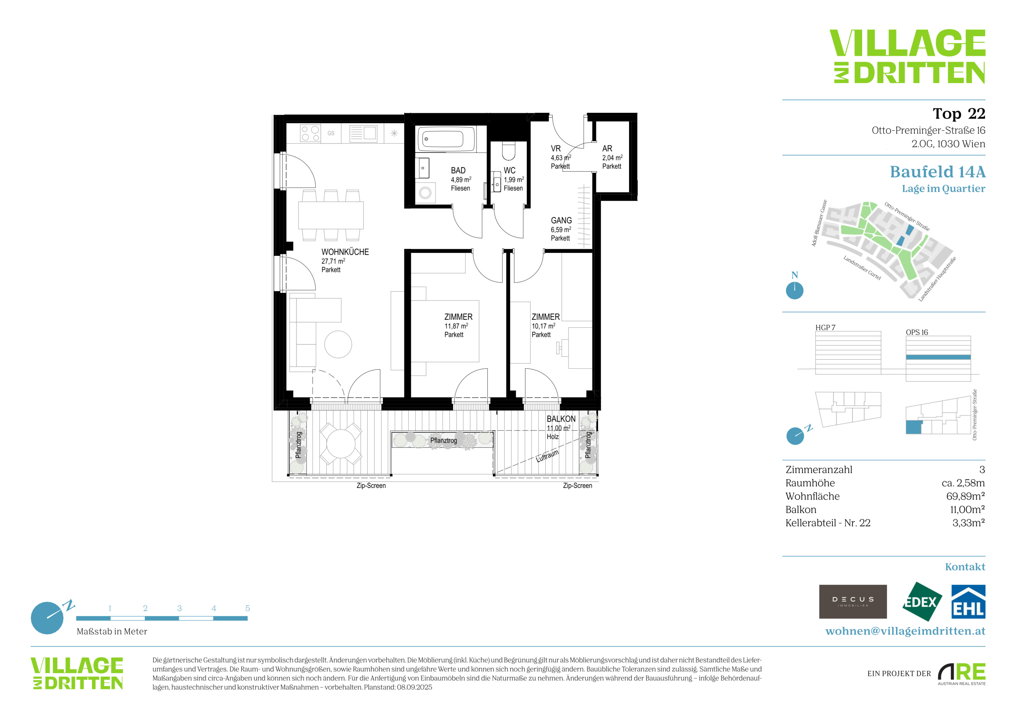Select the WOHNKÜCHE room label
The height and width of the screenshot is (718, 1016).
[345, 252]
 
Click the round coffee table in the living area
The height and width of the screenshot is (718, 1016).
[338, 344]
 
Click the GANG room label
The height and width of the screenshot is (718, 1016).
[561, 220]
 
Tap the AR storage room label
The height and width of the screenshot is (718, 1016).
[607, 149]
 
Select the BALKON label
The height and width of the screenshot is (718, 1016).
[561, 419]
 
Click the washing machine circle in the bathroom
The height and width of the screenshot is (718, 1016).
[425, 193]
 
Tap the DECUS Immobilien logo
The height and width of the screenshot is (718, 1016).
[853, 601]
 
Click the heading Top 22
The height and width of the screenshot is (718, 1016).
[959, 114]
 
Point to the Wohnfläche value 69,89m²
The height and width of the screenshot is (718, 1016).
[965, 496]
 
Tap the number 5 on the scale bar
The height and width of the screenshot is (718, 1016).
[247, 608]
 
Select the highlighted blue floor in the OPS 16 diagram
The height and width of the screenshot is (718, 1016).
[938, 357]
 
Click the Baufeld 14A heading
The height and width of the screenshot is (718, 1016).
[938, 171]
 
